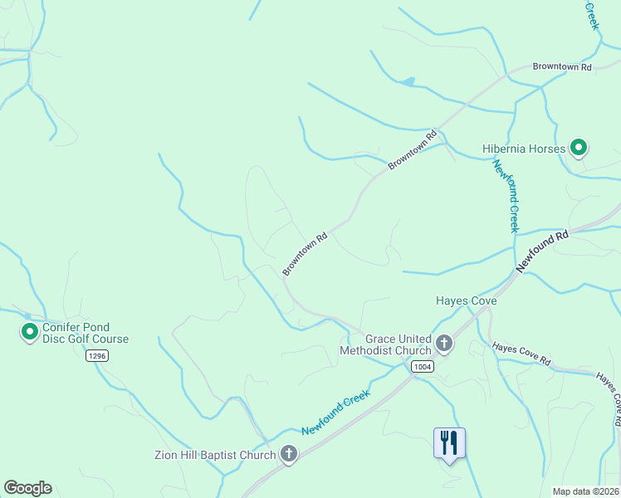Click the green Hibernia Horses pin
(x=579, y=149)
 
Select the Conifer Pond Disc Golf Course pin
(x=29, y=333)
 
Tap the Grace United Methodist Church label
(x=386, y=344)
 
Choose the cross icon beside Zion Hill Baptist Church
(x=289, y=454)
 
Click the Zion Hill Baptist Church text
(x=215, y=455)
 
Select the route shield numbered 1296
(x=97, y=355)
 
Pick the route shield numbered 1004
(x=423, y=366)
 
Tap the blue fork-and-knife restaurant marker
(x=449, y=443)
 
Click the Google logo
(x=27, y=488)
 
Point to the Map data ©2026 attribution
(x=585, y=491)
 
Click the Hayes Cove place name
(x=467, y=300)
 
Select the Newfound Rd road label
(x=542, y=251)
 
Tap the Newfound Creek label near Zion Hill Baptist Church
(x=335, y=413)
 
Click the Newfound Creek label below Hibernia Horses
(x=506, y=196)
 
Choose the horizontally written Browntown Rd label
(x=562, y=66)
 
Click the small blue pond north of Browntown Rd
(x=407, y=81)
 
